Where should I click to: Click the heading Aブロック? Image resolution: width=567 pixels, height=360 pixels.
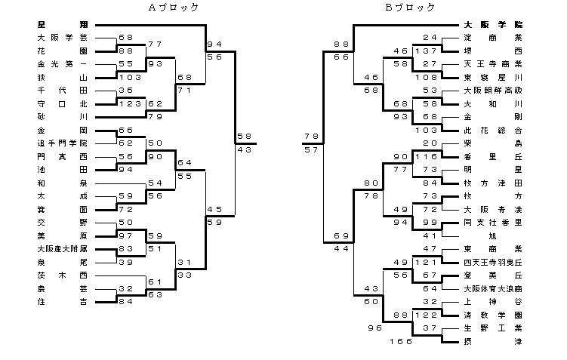pyautogui.click(x=174, y=8)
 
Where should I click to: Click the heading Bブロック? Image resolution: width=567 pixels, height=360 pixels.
pyautogui.click(x=410, y=8)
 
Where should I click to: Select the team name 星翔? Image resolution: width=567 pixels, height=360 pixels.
pyautogui.click(x=62, y=24)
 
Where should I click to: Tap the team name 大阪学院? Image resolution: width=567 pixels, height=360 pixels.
pyautogui.click(x=492, y=24)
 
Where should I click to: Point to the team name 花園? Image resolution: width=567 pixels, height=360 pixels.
pyautogui.click(x=62, y=51)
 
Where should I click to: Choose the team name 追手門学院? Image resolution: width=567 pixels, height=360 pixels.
pyautogui.click(x=62, y=143)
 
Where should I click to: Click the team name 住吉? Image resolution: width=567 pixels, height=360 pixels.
pyautogui.click(x=62, y=302)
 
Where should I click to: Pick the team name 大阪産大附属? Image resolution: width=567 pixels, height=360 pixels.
pyautogui.click(x=62, y=248)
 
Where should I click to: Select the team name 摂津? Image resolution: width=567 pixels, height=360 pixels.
pyautogui.click(x=492, y=341)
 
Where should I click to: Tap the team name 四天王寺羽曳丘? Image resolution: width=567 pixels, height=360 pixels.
pyautogui.click(x=492, y=262)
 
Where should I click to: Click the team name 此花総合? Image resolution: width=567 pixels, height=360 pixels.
pyautogui.click(x=492, y=130)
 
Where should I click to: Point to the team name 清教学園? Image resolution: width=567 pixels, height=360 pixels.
pyautogui.click(x=492, y=315)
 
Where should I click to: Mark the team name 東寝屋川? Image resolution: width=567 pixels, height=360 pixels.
pyautogui.click(x=492, y=77)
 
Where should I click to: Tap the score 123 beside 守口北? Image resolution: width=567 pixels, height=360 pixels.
pyautogui.click(x=128, y=103)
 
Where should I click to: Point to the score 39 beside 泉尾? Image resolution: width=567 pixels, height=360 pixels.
pyautogui.click(x=125, y=262)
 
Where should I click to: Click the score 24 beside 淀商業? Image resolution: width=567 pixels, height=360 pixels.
pyautogui.click(x=430, y=37)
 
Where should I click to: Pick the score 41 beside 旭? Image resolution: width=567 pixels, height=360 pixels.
pyautogui.click(x=430, y=235)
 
